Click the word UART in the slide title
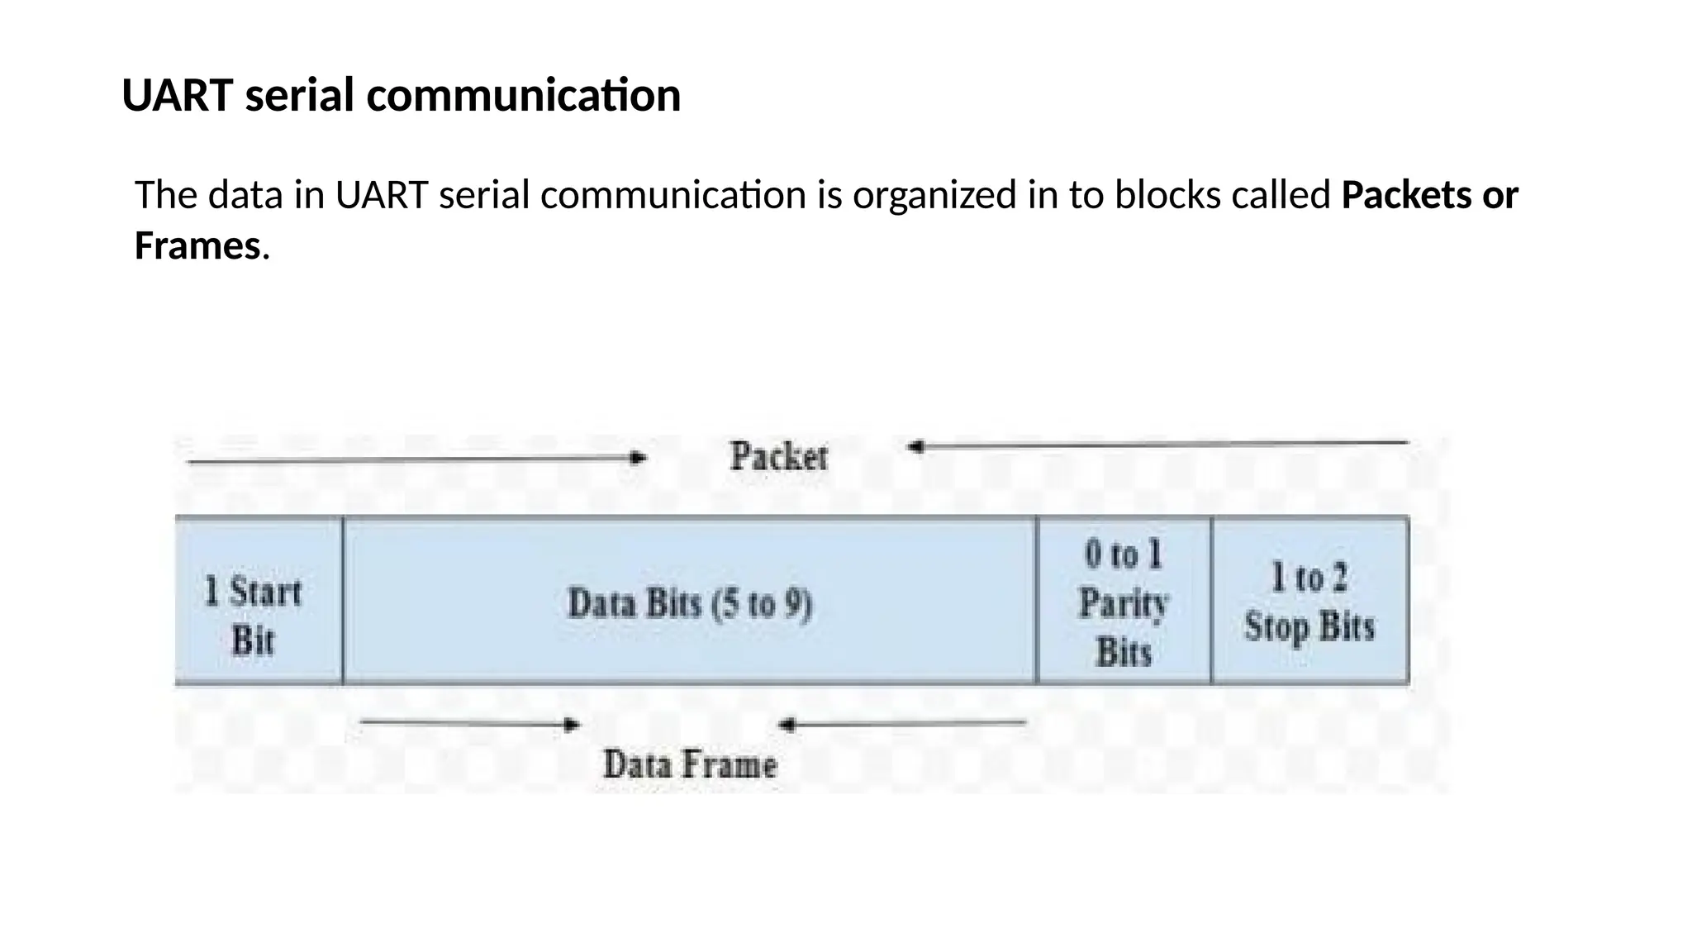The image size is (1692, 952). (177, 96)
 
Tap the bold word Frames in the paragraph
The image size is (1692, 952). (197, 246)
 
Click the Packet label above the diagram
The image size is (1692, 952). (778, 456)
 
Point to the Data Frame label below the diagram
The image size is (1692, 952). (690, 764)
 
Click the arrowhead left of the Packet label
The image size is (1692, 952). (637, 458)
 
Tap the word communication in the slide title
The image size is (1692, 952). (524, 96)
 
